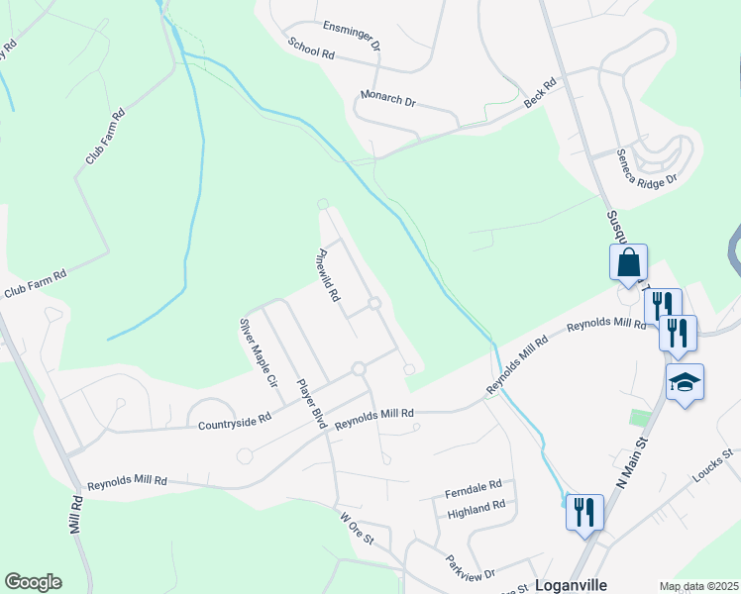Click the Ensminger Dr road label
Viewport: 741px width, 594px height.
pyautogui.click(x=352, y=35)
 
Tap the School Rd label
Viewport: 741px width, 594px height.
pyautogui.click(x=311, y=49)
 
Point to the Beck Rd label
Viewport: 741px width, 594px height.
pyautogui.click(x=541, y=95)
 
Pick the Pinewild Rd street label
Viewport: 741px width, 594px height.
pyautogui.click(x=329, y=274)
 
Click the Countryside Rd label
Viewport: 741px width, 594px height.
pyautogui.click(x=235, y=420)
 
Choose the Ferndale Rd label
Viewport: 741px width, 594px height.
pyautogui.click(x=475, y=486)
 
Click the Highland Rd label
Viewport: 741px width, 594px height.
pyautogui.click(x=476, y=508)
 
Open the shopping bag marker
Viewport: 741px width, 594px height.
pyautogui.click(x=628, y=263)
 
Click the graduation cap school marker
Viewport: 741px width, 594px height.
pyautogui.click(x=684, y=382)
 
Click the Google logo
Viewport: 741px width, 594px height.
pyautogui.click(x=33, y=582)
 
